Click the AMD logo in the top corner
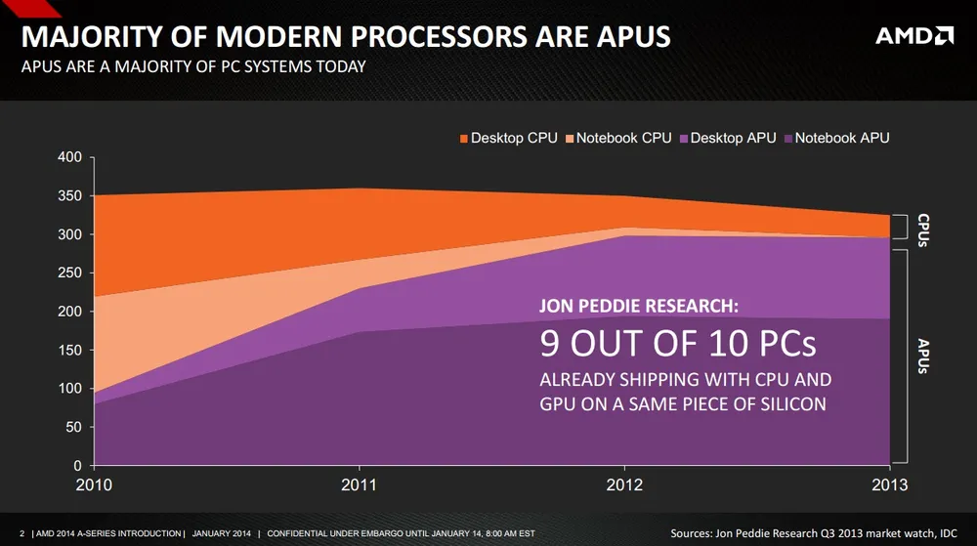(x=914, y=36)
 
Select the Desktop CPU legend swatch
(x=463, y=139)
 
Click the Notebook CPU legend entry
(x=623, y=139)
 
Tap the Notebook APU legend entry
(x=841, y=139)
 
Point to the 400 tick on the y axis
(x=69, y=158)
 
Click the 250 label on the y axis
(x=69, y=273)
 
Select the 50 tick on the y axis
(x=73, y=428)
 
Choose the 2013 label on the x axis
(x=890, y=484)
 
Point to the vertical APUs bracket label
(x=923, y=357)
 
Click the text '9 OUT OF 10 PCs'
(x=678, y=344)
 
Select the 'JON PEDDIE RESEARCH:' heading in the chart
(x=640, y=307)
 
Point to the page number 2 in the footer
(x=21, y=533)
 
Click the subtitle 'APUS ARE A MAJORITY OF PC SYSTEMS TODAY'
(x=193, y=67)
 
